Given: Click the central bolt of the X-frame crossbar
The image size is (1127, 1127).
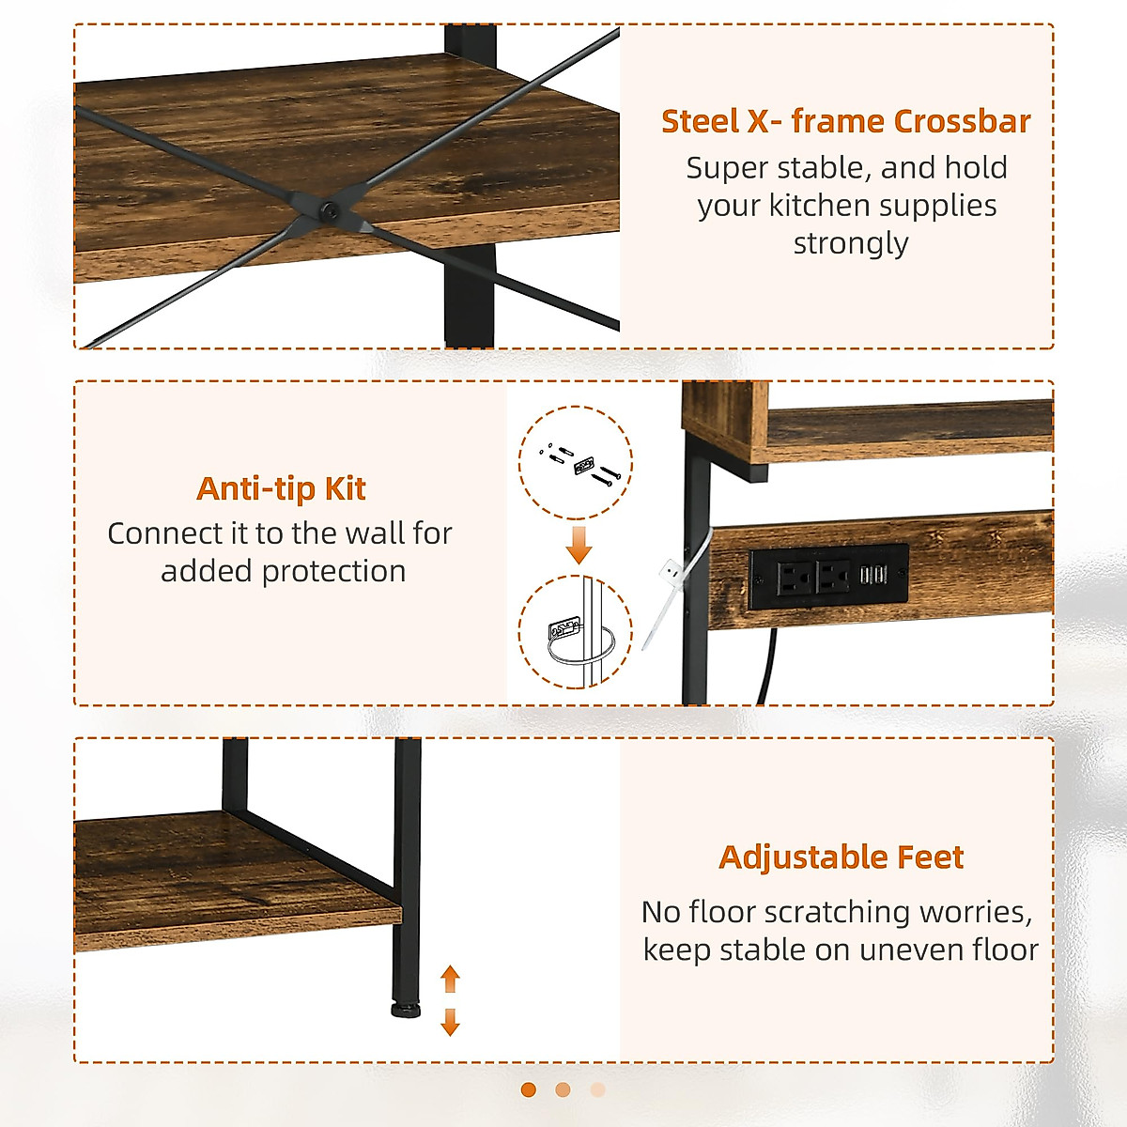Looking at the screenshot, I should point(330,210).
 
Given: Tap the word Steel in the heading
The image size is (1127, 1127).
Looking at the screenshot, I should point(700,121).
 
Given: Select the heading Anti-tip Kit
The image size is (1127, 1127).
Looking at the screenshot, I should point(281,488).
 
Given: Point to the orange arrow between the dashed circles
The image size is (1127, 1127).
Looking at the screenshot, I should point(579,544).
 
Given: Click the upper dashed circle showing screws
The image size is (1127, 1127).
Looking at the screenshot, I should point(576,462).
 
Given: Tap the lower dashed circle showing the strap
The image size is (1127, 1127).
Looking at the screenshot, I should point(576,632).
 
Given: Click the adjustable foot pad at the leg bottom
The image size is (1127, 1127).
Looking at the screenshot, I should point(406,1011).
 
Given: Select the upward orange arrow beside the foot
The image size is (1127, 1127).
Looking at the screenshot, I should point(450,979).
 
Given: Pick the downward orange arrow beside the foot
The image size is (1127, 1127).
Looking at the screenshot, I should point(450,1021).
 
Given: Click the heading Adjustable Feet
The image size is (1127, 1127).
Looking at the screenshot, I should point(841,857).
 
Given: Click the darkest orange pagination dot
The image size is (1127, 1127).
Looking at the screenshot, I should point(528,1089).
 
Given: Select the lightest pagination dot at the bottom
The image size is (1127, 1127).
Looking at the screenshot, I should point(597,1089).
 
